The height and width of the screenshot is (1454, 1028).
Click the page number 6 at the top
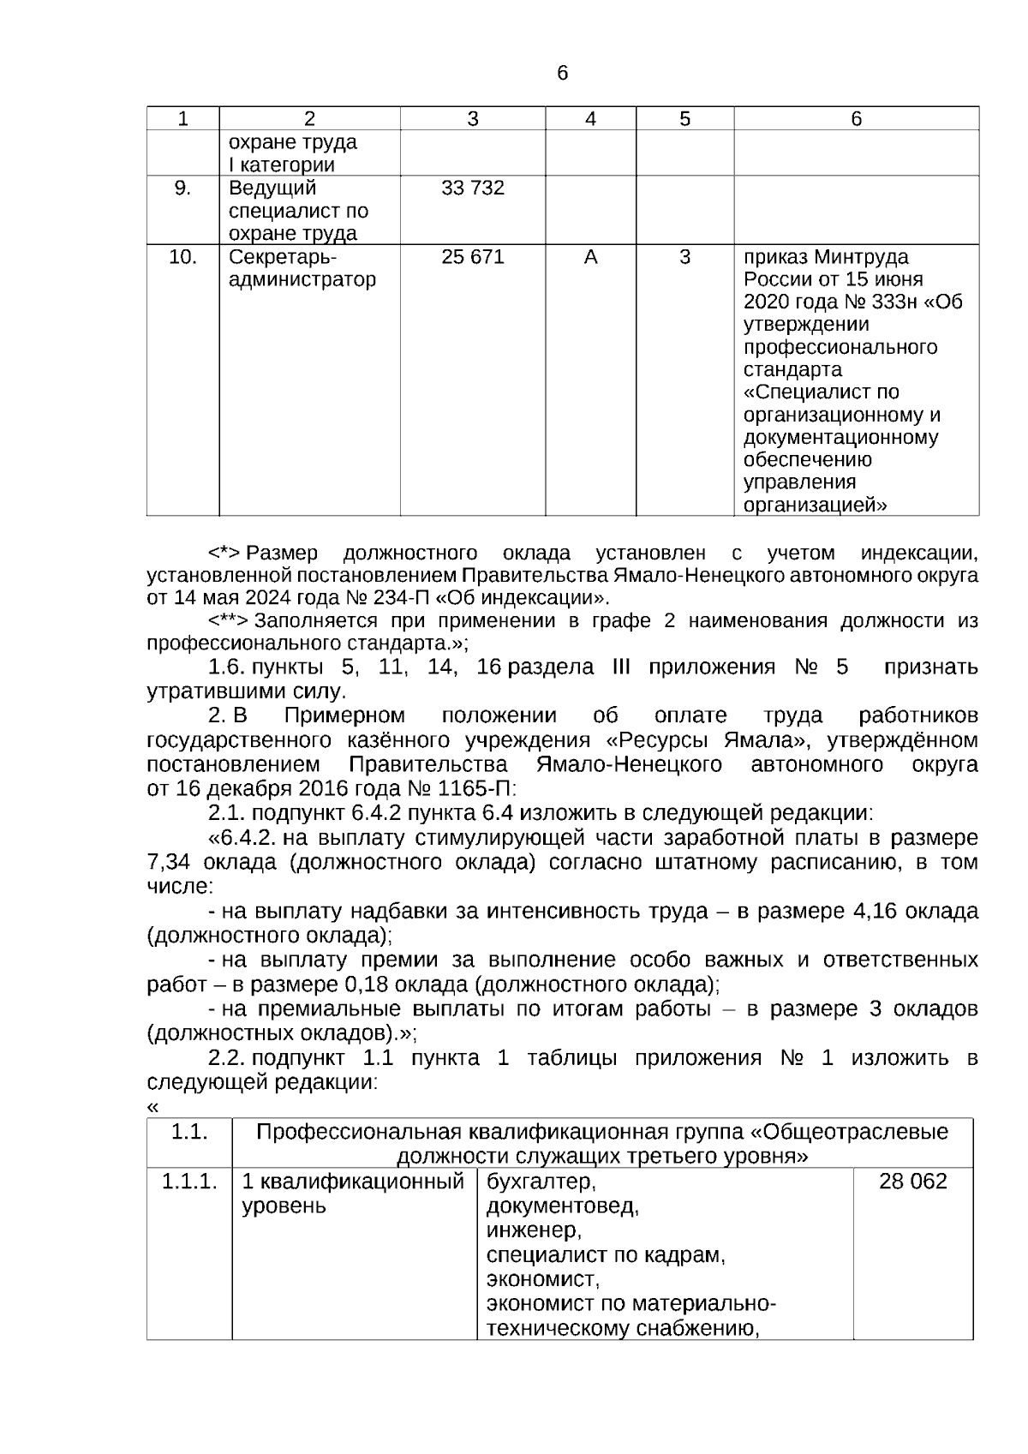coord(562,74)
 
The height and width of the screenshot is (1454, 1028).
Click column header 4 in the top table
coord(590,119)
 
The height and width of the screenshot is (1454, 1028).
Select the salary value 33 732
coord(473,188)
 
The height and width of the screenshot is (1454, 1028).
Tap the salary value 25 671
coord(473,257)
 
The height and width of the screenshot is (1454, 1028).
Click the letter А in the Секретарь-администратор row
coord(590,257)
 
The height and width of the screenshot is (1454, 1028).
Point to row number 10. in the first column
coord(182,257)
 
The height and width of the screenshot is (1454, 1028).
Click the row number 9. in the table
coord(182,188)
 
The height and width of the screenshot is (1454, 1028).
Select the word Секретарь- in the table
coord(283,257)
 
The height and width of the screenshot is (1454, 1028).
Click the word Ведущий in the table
coord(272,188)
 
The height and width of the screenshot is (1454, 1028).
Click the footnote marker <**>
coord(228,621)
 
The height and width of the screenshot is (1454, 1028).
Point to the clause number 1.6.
coord(226,667)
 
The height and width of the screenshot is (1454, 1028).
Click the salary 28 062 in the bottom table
coord(912,1182)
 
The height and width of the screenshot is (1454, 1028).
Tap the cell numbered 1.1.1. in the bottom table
coord(188,1182)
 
